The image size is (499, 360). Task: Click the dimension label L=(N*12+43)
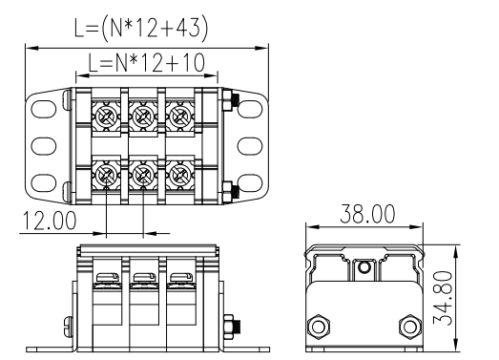[141, 29]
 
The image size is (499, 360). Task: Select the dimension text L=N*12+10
[146, 63]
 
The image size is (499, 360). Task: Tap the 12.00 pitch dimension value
[50, 221]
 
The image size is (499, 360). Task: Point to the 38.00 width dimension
[367, 214]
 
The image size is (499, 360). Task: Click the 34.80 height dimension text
[443, 298]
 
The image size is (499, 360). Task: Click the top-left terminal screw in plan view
[105, 116]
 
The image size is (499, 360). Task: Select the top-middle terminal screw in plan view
[142, 116]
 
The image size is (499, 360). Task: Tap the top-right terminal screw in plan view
[179, 116]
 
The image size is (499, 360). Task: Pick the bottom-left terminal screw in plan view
[105, 174]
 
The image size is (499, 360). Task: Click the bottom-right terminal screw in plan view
[179, 174]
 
